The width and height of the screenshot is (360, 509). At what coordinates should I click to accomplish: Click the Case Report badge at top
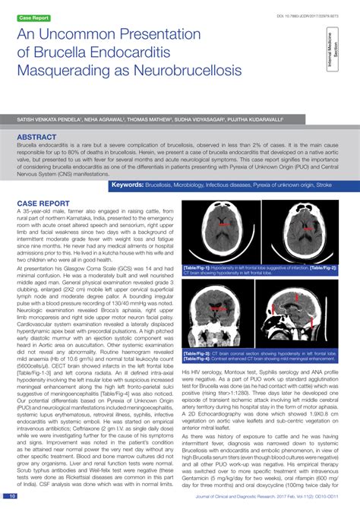point(34,17)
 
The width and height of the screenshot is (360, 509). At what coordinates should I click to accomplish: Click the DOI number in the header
point(304,15)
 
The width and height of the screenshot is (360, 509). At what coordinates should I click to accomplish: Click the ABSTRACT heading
point(39,138)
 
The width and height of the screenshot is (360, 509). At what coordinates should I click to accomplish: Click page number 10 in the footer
point(12,496)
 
